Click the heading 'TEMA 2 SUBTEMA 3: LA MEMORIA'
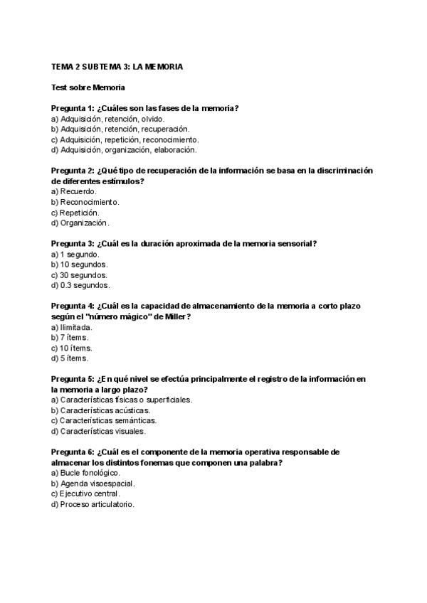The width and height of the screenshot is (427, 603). tap(117, 67)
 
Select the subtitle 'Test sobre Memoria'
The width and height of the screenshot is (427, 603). tap(88, 87)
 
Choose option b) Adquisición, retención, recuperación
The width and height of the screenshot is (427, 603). tap(120, 129)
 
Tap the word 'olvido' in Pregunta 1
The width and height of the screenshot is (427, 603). tap(152, 119)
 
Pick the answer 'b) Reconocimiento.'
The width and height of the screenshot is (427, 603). tap(85, 202)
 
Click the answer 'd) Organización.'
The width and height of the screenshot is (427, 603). tap(80, 223)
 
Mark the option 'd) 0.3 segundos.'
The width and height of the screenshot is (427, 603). tap(80, 286)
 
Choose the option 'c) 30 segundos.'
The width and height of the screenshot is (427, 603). tap(80, 275)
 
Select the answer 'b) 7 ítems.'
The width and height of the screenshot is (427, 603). tap(71, 338)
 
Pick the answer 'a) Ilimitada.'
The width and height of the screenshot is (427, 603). tap(73, 327)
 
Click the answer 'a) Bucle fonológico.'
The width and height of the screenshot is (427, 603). tap(86, 473)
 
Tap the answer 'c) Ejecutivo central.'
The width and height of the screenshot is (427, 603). tap(86, 494)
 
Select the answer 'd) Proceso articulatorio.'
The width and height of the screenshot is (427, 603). tap(93, 505)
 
